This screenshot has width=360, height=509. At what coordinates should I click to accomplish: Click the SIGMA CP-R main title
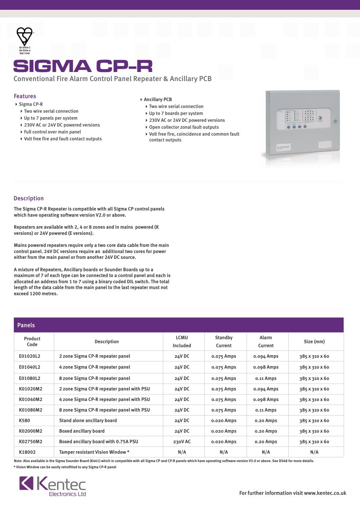(x=83, y=66)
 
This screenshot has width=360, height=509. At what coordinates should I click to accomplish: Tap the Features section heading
(x=25, y=96)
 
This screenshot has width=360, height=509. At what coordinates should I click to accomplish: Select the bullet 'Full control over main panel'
(x=52, y=132)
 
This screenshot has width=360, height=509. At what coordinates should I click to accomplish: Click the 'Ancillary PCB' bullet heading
(x=157, y=100)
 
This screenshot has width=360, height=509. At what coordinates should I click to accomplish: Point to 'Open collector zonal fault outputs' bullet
(x=184, y=127)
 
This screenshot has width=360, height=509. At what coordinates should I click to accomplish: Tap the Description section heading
(x=28, y=199)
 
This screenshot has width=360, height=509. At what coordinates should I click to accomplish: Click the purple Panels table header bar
(x=179, y=325)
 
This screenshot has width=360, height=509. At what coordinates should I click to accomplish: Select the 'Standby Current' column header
(x=224, y=341)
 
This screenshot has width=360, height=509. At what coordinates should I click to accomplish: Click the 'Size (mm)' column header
(x=314, y=341)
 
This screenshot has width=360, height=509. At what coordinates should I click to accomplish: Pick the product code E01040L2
(x=29, y=367)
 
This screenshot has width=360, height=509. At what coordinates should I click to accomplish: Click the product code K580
(x=24, y=421)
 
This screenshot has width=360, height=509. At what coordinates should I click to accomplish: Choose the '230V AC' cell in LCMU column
(x=182, y=442)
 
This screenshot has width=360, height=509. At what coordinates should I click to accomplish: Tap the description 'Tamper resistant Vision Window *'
(x=94, y=452)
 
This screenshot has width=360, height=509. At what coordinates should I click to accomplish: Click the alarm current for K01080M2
(x=266, y=410)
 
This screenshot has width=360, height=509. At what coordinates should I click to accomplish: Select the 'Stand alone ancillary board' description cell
(x=88, y=421)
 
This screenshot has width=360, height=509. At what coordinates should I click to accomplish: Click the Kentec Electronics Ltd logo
(x=53, y=486)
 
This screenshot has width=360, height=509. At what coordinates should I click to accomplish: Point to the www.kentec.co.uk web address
(x=325, y=493)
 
